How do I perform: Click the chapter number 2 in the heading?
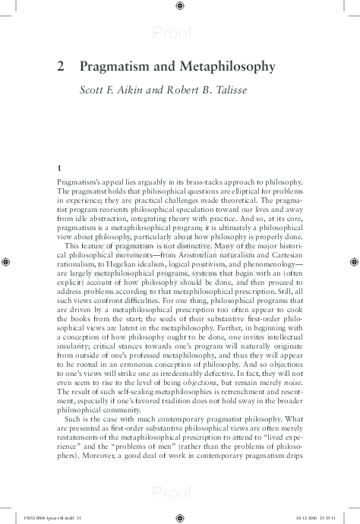61,67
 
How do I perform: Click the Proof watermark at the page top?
172,32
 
